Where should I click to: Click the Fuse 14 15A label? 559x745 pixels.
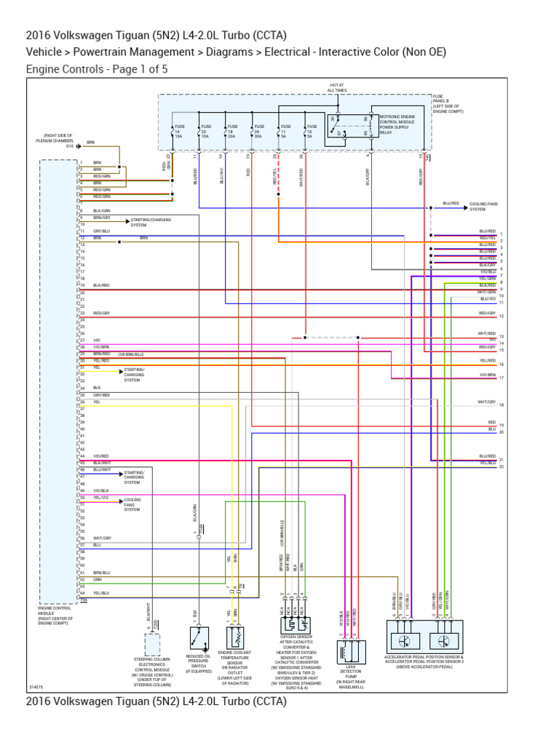[178, 130]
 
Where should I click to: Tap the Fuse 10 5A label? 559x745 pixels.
[311, 130]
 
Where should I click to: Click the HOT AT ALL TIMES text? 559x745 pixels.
[337, 87]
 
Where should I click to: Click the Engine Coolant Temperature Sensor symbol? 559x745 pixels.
[234, 638]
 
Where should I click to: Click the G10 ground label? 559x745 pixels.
[71, 146]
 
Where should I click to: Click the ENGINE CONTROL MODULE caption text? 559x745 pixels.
[56, 615]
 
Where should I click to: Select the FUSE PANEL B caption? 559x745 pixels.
[444, 102]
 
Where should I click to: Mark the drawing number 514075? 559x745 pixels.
[36, 686]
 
